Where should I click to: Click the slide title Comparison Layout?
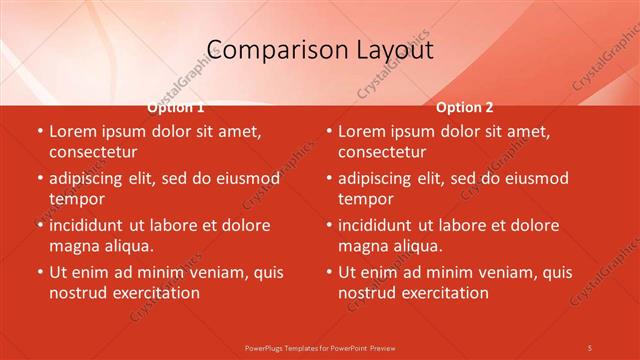coord(319,49)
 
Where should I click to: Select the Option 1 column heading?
coord(176,107)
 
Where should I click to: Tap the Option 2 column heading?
coord(464,107)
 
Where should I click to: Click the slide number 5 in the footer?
coord(590,347)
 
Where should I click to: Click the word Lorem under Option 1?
coord(72,131)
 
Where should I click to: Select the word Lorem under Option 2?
coord(361,131)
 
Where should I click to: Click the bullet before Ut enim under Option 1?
coord(39,272)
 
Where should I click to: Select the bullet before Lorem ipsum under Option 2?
coord(328,131)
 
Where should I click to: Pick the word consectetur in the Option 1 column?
coord(93,152)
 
